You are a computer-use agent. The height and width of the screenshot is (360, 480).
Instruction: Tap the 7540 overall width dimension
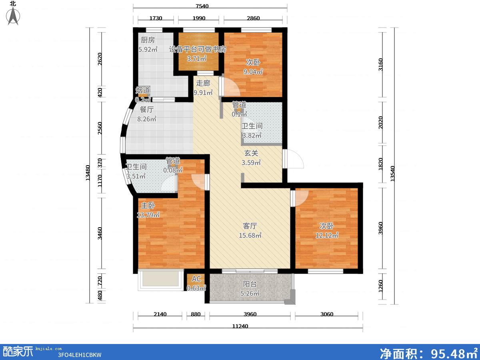pos(202,6)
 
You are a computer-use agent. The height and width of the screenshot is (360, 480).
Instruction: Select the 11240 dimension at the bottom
pos(240,326)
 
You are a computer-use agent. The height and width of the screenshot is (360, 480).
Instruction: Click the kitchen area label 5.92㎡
pos(148,49)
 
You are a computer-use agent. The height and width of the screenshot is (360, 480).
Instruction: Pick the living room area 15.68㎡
pos(250,236)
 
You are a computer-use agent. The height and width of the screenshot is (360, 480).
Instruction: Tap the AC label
pos(196,279)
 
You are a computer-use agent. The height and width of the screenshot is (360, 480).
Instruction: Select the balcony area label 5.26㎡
pos(250,293)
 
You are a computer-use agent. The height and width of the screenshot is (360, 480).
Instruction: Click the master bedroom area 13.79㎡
pos(148,215)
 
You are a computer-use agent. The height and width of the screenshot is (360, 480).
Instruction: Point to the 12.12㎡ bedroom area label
pos(327,236)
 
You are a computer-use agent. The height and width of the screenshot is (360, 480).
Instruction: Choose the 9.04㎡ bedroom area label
pos(253,72)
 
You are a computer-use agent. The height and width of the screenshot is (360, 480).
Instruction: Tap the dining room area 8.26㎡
pos(146,119)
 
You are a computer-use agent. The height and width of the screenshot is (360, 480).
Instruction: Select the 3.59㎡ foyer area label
pos(251,163)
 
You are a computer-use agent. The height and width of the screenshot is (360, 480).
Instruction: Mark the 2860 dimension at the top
pos(253,18)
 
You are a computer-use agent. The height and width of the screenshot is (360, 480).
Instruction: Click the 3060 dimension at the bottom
pos(327,314)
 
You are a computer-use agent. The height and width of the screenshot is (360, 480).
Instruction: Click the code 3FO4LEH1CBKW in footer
pos(80,355)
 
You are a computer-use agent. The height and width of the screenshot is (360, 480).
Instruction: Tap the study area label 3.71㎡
pos(196,58)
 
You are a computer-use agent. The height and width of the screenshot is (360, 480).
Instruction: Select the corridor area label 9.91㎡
pos(203,93)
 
